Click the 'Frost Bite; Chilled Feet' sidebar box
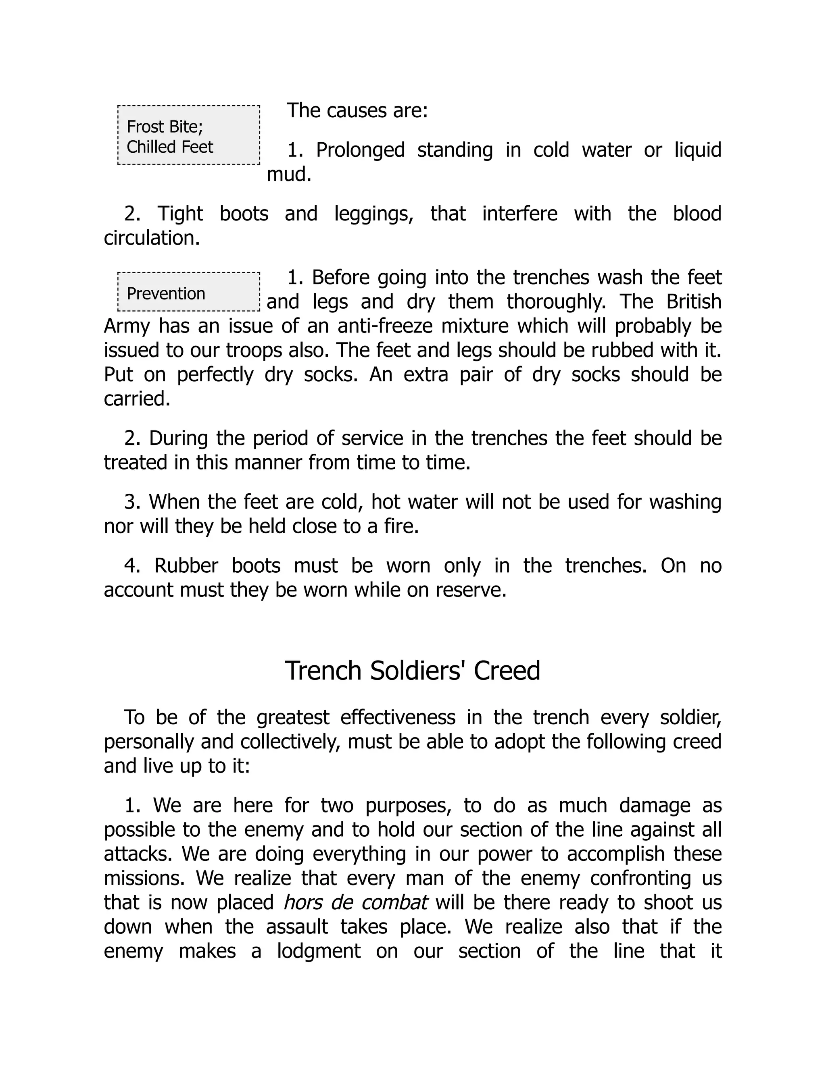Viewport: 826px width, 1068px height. (x=188, y=135)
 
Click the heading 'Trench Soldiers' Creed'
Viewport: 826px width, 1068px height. (x=412, y=671)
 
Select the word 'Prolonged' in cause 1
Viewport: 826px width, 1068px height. (x=360, y=150)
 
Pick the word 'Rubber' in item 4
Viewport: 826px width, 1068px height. (x=186, y=566)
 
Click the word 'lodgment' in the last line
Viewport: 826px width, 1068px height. (x=319, y=951)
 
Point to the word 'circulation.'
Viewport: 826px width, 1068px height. (x=152, y=238)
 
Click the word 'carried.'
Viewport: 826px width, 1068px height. (x=137, y=399)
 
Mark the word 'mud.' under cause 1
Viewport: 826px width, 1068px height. (x=289, y=174)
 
